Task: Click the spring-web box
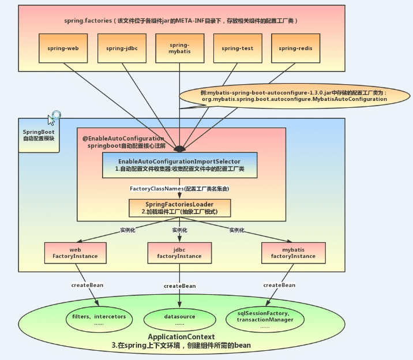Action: click(x=64, y=48)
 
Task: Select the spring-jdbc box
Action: click(x=122, y=48)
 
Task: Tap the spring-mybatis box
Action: click(x=179, y=48)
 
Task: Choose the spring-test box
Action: click(x=238, y=48)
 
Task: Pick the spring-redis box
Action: click(x=295, y=48)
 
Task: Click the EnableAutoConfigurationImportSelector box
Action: click(x=179, y=166)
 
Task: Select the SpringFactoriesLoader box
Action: click(x=179, y=208)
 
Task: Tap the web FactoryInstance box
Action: click(x=75, y=252)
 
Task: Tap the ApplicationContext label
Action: click(x=181, y=336)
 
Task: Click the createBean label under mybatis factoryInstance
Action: click(x=280, y=285)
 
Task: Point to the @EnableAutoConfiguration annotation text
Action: click(x=123, y=139)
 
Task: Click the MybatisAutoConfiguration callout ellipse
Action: click(x=294, y=96)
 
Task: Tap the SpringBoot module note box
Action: click(x=39, y=135)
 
